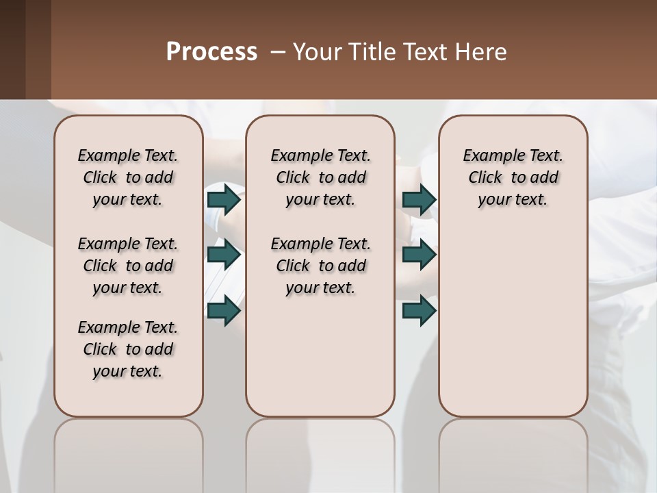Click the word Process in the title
[211, 52]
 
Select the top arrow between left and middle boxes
[224, 200]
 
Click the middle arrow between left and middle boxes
[224, 255]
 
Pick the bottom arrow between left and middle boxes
[224, 310]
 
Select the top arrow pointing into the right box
[420, 200]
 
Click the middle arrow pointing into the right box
[420, 255]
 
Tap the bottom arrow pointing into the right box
[420, 310]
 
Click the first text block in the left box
[128, 177]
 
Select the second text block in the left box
[128, 266]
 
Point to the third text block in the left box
[128, 349]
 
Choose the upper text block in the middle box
[320, 177]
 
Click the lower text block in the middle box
[320, 266]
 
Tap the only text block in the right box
[513, 177]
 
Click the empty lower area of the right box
[513, 315]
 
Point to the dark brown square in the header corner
[25, 49]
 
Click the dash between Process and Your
[278, 52]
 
